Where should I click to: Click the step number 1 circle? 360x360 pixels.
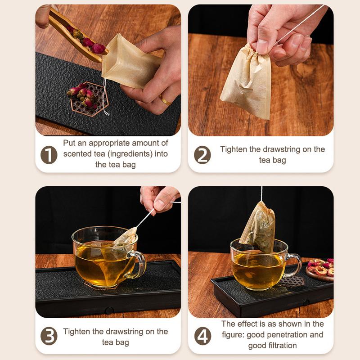click(x=49, y=155)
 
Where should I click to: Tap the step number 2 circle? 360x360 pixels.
click(x=202, y=155)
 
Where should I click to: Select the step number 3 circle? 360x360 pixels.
click(x=49, y=336)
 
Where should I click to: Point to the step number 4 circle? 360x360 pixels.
click(x=202, y=336)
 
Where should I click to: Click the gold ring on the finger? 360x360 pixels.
click(x=165, y=100)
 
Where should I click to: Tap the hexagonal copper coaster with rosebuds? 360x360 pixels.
click(x=88, y=99)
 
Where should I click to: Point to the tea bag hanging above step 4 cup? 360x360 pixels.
click(x=258, y=227)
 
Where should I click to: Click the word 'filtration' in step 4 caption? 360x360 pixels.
click(x=285, y=345)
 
